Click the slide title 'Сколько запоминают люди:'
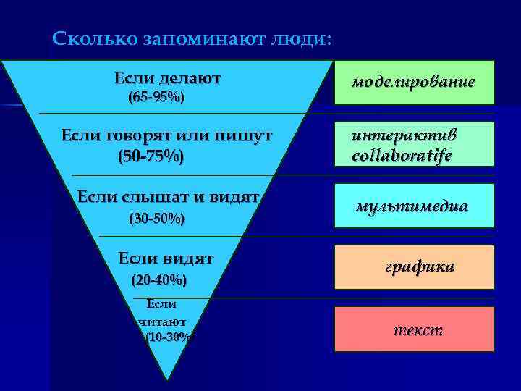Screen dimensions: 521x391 point(192,38)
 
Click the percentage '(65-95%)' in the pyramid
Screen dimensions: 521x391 point(156,97)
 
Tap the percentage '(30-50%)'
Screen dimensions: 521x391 point(156,217)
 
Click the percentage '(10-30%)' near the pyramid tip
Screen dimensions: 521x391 point(168,337)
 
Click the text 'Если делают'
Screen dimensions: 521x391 point(167,77)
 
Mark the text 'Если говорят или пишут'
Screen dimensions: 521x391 point(166,135)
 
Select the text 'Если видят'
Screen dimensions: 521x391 point(166,257)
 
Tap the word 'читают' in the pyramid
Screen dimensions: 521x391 point(162,321)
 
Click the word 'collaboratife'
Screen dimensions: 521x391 point(402,155)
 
